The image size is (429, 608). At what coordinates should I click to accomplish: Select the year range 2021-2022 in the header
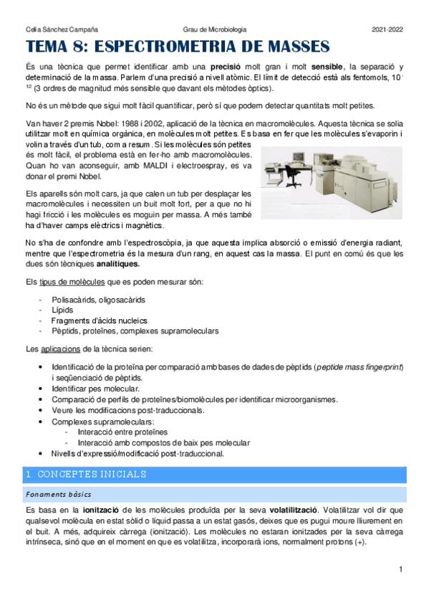(387, 29)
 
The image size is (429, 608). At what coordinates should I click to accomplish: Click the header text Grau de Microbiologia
(215, 29)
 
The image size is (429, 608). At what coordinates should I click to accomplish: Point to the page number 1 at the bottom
(403, 569)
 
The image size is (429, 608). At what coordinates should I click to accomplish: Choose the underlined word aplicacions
(65, 349)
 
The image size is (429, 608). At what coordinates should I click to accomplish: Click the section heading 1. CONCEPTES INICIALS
(86, 475)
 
